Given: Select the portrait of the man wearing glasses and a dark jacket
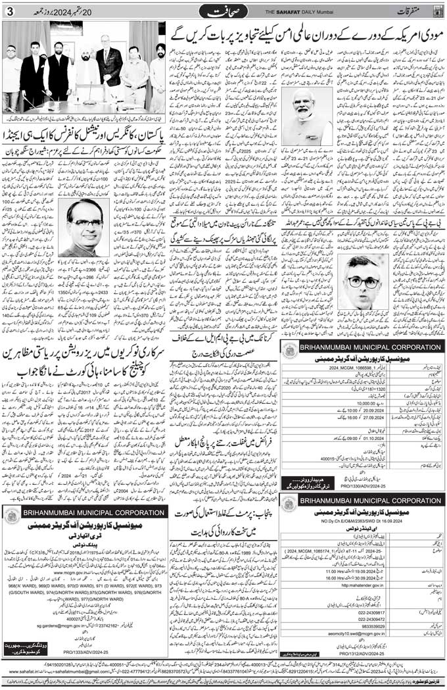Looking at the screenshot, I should (362, 282).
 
